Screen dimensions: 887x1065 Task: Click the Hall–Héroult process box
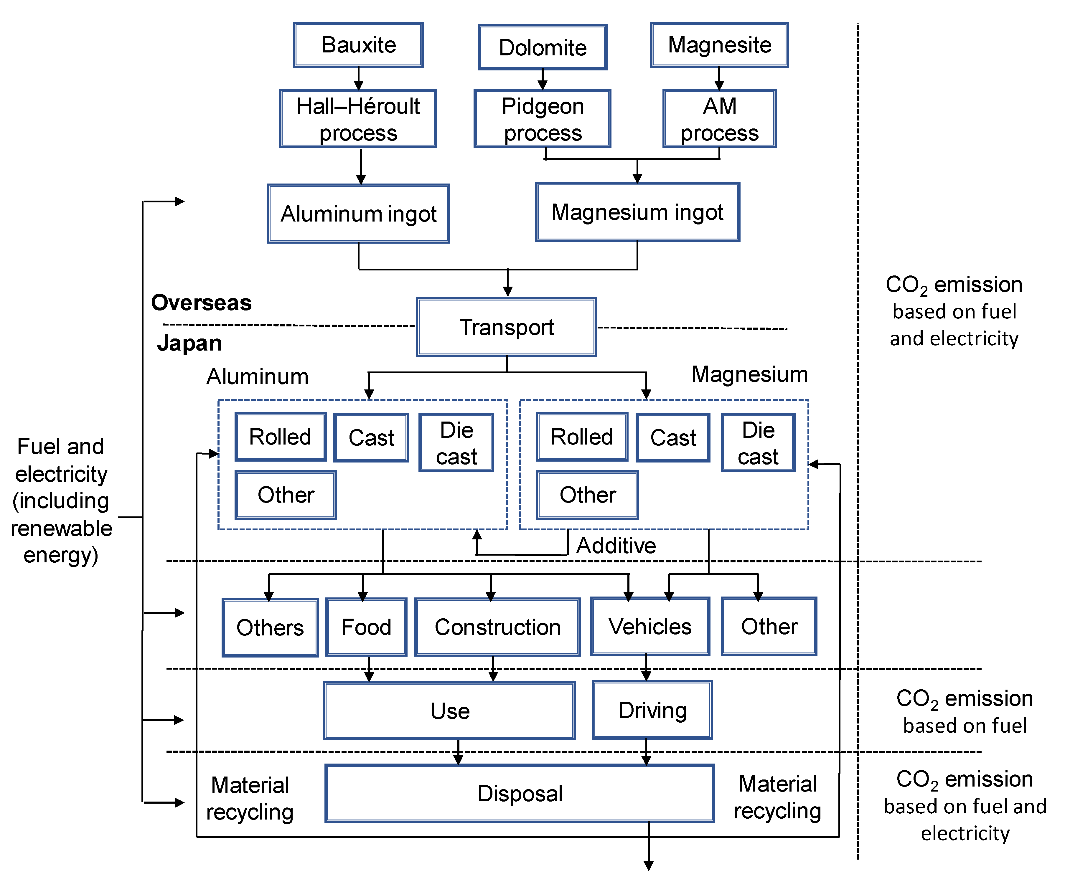click(358, 119)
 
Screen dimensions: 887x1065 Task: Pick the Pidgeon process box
click(542, 119)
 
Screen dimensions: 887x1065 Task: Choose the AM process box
click(719, 119)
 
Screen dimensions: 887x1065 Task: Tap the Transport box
click(506, 327)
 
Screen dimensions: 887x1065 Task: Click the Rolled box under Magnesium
click(582, 437)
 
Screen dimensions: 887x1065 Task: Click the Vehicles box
click(650, 627)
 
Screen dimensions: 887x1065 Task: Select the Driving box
click(652, 710)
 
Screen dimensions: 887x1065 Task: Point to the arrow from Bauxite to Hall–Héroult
click(359, 79)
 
